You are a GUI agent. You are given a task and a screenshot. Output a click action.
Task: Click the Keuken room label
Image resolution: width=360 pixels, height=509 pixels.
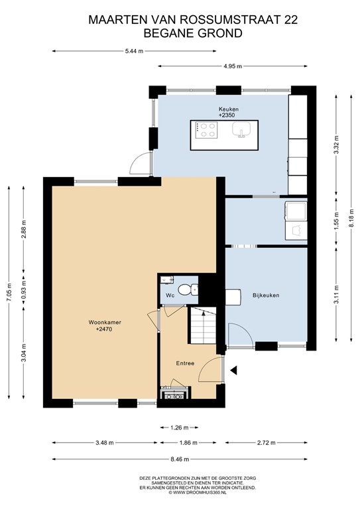tap(229, 109)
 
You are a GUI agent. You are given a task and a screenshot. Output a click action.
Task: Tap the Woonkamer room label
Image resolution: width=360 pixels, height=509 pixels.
tap(105, 322)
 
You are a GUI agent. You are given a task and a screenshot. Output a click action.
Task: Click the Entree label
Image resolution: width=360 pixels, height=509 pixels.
tap(184, 363)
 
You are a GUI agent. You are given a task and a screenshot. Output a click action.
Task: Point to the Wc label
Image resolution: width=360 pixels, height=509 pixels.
tap(170, 295)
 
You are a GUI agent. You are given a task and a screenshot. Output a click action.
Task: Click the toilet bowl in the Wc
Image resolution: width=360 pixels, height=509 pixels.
tap(192, 289)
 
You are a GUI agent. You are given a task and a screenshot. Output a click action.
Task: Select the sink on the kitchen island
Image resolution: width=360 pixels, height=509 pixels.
tap(240, 131)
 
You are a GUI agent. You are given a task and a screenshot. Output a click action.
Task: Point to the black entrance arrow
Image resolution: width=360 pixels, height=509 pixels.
tap(233, 368)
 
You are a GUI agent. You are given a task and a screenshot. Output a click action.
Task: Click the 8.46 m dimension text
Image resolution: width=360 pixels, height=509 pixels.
tap(180, 459)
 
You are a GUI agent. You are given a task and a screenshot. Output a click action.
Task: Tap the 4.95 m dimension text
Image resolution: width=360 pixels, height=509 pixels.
tap(233, 66)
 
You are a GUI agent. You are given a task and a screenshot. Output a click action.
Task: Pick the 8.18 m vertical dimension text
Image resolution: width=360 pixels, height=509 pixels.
tap(351, 216)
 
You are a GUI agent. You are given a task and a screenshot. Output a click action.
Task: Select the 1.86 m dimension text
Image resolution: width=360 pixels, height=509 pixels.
tap(189, 443)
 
